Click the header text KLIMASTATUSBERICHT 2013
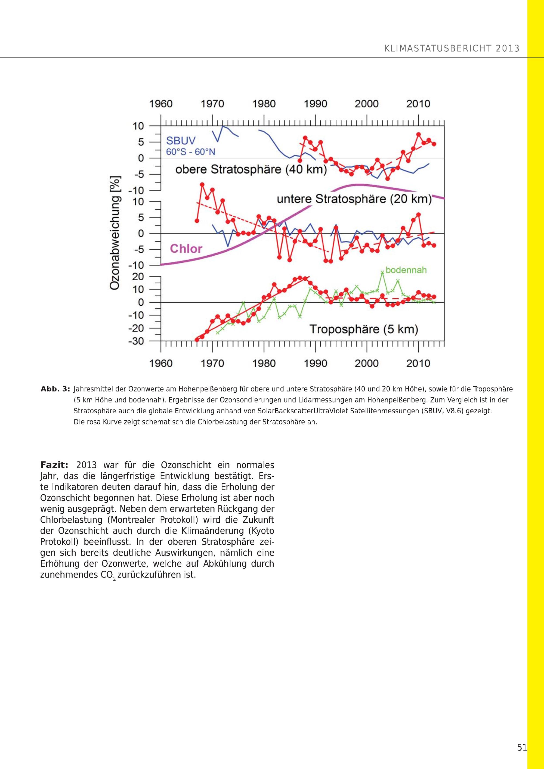[452, 49]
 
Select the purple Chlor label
[186, 249]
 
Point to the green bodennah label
[406, 270]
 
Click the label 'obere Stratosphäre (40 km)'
[251, 169]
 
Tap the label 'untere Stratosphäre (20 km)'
[354, 199]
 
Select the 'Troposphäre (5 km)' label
[364, 329]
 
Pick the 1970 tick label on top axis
[212, 104]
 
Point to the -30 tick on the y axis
[136, 341]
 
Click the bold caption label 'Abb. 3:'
[55, 389]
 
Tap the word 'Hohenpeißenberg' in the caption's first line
[204, 389]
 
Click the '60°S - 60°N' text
[191, 152]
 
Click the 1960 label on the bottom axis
[161, 363]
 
